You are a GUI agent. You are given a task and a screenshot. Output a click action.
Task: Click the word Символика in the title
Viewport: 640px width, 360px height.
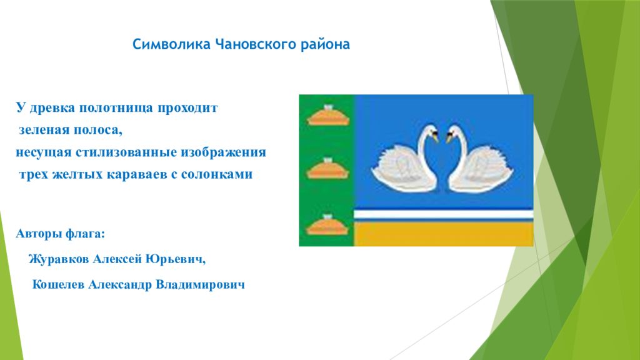click(x=171, y=44)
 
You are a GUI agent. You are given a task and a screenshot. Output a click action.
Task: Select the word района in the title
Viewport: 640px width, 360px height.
click(x=325, y=44)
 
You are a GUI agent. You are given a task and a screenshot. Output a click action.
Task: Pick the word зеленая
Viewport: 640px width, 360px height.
click(x=44, y=130)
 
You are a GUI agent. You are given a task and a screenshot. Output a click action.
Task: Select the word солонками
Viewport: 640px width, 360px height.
click(x=217, y=174)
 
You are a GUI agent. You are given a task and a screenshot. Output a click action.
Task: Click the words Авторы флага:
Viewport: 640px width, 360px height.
click(x=61, y=234)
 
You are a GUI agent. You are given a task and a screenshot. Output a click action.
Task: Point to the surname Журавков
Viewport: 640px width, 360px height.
click(x=59, y=259)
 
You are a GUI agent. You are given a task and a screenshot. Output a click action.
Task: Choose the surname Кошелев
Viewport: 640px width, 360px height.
click(x=58, y=284)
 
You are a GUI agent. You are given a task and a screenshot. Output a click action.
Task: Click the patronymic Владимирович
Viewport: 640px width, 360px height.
click(x=201, y=284)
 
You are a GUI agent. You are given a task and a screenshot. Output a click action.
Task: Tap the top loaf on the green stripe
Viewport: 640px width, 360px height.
click(x=327, y=116)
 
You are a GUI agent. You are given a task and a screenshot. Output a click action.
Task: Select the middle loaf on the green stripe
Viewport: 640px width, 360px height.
click(x=327, y=169)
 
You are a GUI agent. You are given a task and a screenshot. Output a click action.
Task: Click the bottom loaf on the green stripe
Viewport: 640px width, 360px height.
click(x=327, y=224)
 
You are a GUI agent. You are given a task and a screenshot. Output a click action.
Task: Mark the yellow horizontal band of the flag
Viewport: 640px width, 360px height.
click(x=444, y=234)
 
